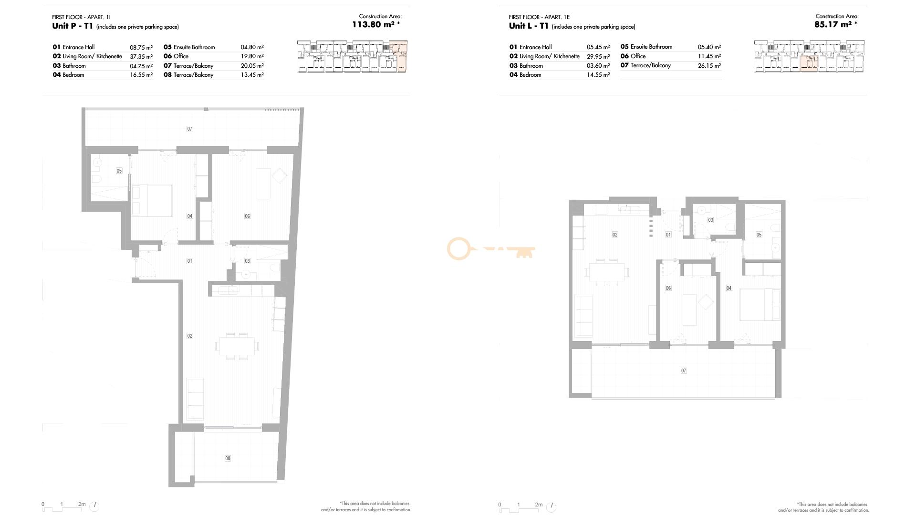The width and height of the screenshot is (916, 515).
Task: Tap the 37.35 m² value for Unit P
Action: coord(141,56)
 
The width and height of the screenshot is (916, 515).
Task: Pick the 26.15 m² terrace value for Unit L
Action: coord(709,66)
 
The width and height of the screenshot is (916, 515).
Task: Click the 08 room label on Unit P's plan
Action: coord(228,458)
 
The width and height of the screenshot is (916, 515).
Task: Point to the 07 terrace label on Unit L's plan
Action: coord(684,371)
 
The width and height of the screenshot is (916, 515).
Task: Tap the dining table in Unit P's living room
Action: coord(237,346)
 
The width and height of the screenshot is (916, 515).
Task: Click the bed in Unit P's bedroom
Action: coord(152,201)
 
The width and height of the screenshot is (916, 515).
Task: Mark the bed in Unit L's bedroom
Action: coord(760,304)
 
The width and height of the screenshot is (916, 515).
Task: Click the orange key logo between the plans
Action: coord(490,249)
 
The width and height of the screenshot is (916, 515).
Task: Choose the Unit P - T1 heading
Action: coord(73,26)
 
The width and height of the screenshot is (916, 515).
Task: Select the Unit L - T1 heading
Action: coord(529,26)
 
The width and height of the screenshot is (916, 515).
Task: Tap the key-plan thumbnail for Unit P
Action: coord(352,56)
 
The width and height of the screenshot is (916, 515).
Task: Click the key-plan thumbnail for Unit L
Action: coord(809,56)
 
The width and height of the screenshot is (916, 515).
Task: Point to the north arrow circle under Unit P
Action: coord(94,505)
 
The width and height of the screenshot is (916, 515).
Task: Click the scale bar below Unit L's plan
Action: coord(520,506)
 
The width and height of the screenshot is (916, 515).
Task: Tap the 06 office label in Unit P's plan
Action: coord(247,216)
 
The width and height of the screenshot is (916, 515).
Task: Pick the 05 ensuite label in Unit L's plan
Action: coord(759,235)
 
